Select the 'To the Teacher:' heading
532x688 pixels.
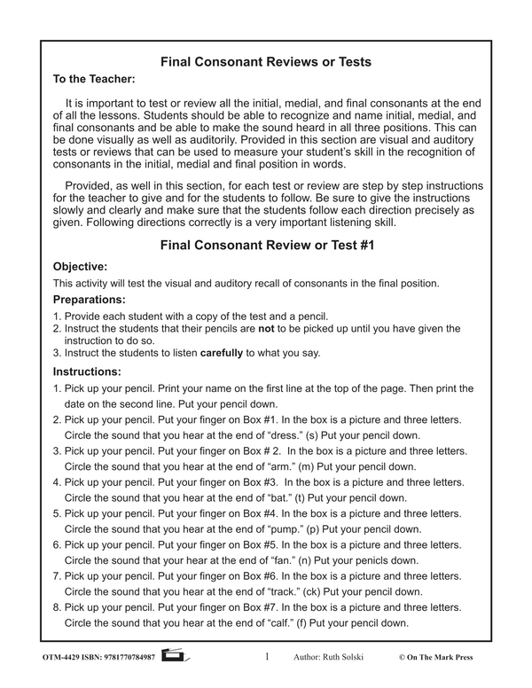point(94,79)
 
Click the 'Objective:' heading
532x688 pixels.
point(80,266)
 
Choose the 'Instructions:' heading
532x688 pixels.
point(87,371)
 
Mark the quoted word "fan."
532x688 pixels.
point(288,560)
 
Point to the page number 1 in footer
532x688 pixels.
point(267,658)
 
